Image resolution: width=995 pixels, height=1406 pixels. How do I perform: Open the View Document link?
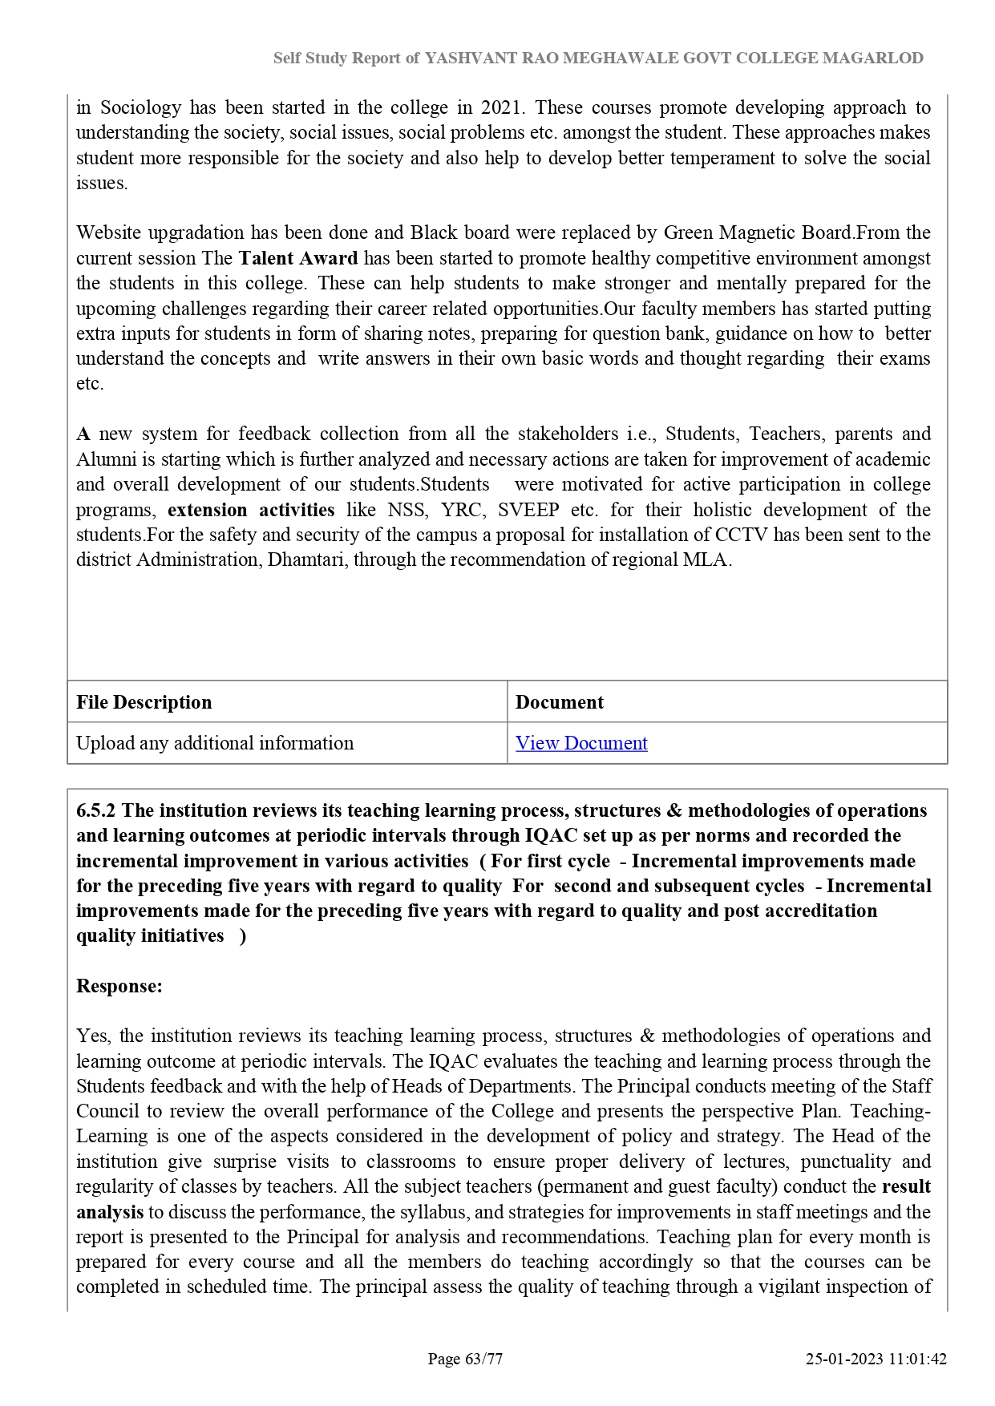click(x=581, y=743)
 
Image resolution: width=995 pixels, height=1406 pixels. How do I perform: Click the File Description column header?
click(x=144, y=702)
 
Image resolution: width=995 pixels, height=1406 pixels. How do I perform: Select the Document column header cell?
click(x=560, y=702)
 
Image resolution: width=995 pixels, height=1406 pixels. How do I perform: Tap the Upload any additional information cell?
click(x=215, y=743)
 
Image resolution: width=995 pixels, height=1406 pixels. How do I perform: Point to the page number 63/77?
click(x=483, y=1359)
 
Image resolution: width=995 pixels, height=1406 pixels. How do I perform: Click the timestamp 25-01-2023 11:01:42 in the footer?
click(x=876, y=1359)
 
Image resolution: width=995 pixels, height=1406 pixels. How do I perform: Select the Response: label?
click(x=119, y=986)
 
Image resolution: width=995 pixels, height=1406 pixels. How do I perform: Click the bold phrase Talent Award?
click(x=298, y=258)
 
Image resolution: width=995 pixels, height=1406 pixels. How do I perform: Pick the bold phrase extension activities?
click(x=251, y=510)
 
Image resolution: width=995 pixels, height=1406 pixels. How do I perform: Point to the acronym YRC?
click(x=461, y=510)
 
